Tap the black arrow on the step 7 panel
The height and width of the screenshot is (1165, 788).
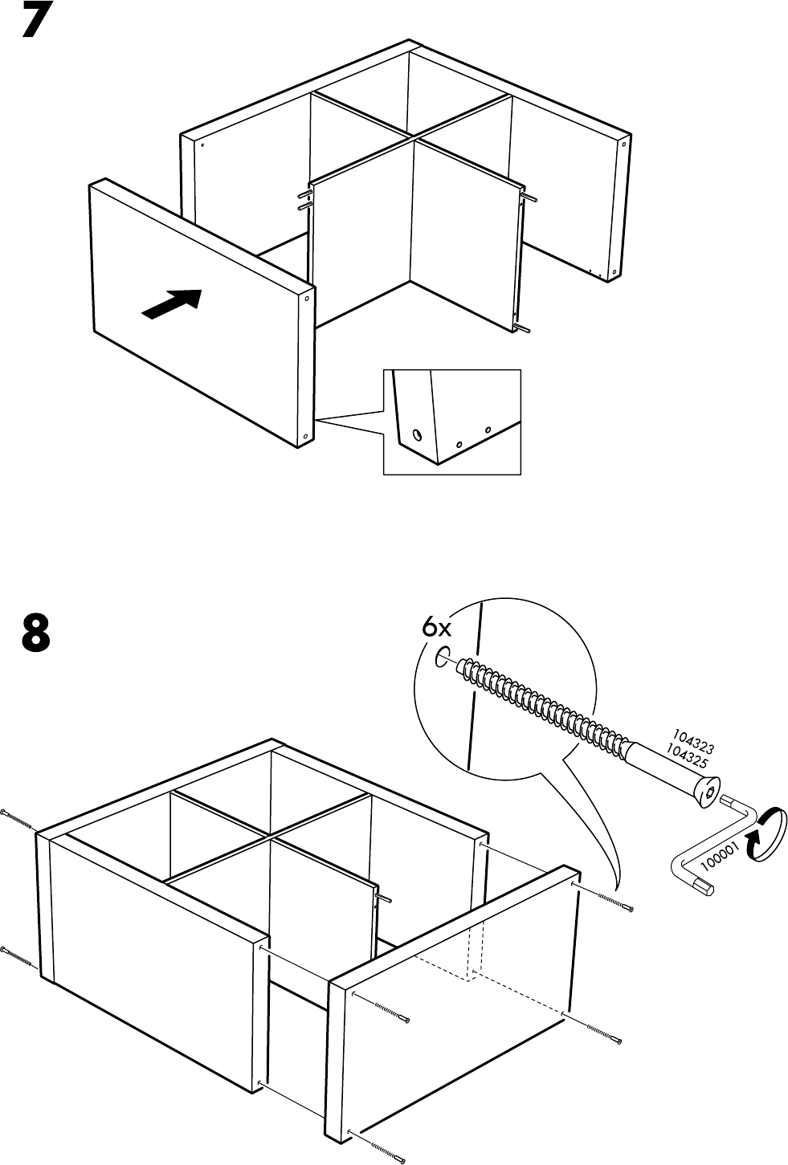[x=171, y=303]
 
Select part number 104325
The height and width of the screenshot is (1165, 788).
[x=684, y=755]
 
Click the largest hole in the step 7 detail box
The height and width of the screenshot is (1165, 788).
[x=417, y=435]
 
